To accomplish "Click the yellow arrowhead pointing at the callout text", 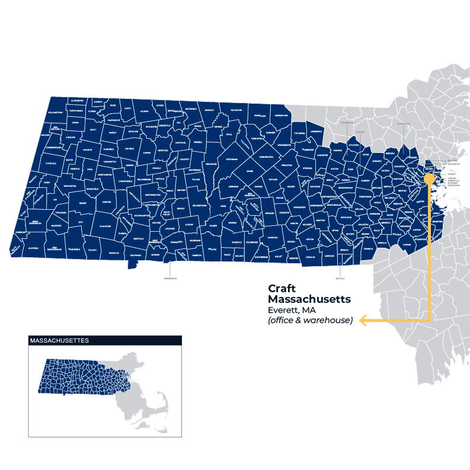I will point(363,321).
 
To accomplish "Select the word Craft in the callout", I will point(282,289).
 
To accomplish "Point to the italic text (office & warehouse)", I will point(310,321).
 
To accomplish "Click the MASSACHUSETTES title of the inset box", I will point(59,341).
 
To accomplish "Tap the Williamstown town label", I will point(55,112).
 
